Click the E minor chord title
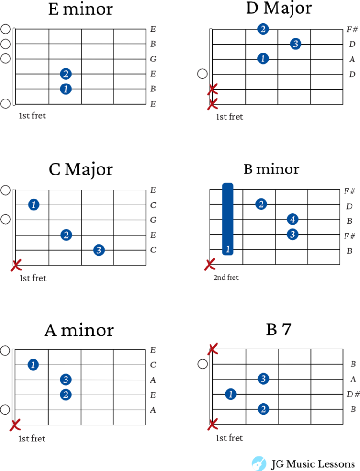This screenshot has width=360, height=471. [81, 9]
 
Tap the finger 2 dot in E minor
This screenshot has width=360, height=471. [66, 74]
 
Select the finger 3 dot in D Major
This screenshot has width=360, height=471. [295, 44]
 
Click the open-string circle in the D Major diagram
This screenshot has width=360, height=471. [202, 74]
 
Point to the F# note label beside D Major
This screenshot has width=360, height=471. [352, 30]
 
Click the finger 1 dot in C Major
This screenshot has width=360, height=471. [34, 205]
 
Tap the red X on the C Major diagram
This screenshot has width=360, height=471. [16, 265]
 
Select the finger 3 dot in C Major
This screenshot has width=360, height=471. [99, 250]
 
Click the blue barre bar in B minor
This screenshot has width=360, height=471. [228, 219]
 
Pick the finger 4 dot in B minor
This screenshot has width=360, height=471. [292, 219]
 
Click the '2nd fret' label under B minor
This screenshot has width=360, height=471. [226, 277]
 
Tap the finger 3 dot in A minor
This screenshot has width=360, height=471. [66, 380]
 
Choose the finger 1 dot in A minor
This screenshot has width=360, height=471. [33, 365]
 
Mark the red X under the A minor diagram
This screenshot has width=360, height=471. [15, 425]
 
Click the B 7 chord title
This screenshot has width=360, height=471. [278, 329]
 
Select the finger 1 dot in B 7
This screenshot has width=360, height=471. [231, 394]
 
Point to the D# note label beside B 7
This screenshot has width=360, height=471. [353, 394]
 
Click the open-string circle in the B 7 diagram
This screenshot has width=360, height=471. [202, 364]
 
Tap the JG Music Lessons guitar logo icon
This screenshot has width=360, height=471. [259, 463]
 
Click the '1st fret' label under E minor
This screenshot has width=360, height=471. [32, 115]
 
